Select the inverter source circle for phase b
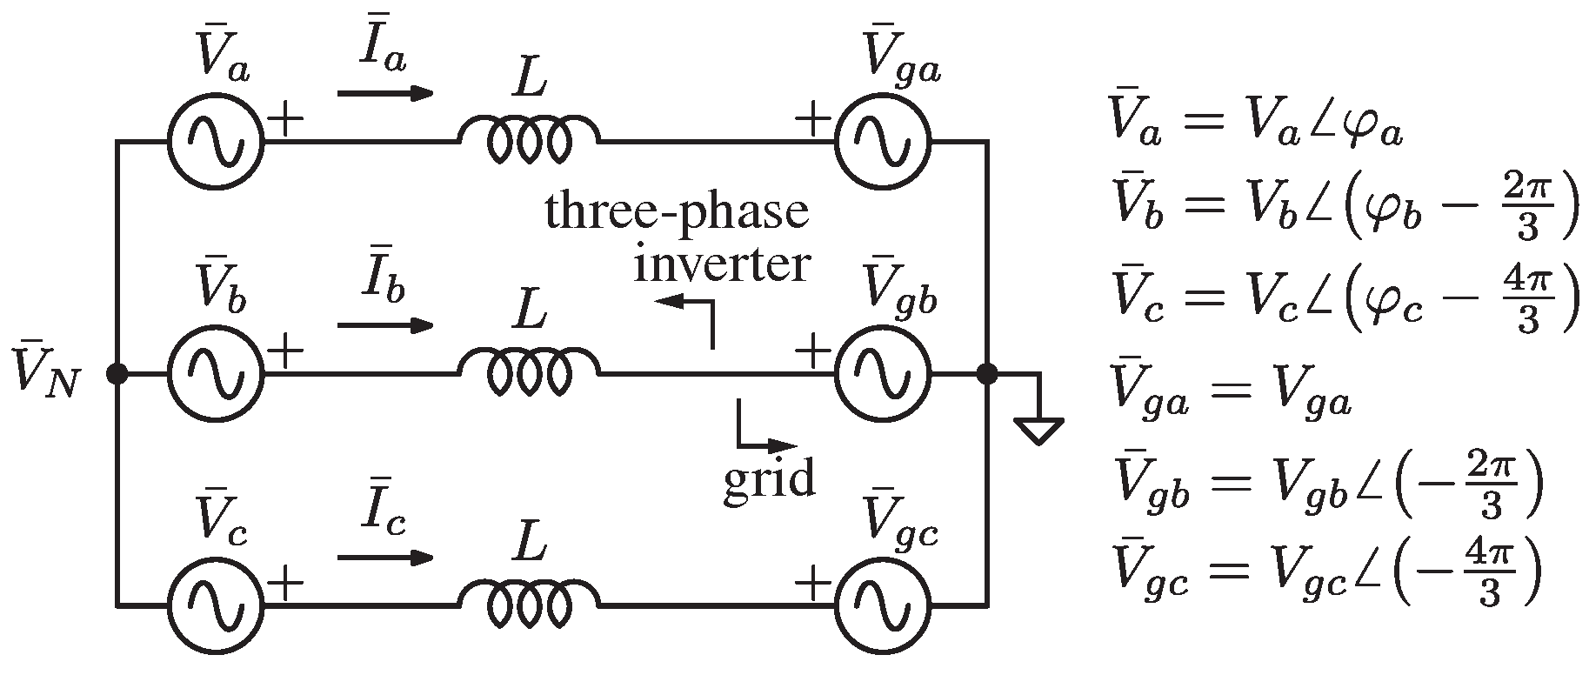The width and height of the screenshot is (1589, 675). pos(214,374)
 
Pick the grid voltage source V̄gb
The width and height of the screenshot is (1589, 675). pos(882,374)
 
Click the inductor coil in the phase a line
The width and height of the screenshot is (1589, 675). pos(528,139)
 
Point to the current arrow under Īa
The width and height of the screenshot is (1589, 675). pos(384,93)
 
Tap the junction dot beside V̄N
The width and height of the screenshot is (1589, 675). pos(117,374)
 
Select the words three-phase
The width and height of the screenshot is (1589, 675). pos(677,211)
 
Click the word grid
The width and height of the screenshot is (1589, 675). pos(769,478)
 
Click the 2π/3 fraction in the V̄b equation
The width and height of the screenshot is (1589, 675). pos(1527,214)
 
